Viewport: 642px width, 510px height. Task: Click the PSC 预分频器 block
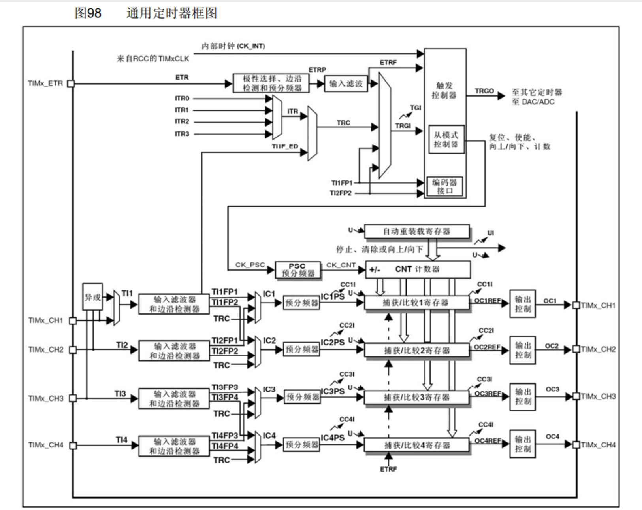tap(297, 269)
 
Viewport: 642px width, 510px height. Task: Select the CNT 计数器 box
tap(418, 269)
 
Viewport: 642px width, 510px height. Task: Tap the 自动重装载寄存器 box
tap(416, 231)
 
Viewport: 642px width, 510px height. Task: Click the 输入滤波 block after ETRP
tap(346, 83)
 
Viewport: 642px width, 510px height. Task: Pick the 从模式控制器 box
tap(446, 139)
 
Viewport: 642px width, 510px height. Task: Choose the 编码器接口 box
tap(444, 186)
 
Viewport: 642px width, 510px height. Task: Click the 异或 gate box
tap(92, 297)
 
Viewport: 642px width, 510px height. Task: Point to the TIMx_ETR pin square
tap(71, 83)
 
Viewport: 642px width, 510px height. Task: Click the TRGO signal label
tap(484, 91)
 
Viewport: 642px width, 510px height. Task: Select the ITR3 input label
tap(182, 134)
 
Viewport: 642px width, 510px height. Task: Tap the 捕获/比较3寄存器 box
tap(416, 397)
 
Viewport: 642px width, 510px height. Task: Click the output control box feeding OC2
tap(522, 350)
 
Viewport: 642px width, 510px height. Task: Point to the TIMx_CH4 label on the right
tap(598, 445)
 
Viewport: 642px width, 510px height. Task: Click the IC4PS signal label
tap(332, 438)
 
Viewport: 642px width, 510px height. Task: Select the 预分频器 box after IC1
tap(301, 303)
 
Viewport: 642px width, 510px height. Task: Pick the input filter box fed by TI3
tap(174, 398)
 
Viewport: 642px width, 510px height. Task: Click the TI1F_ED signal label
tap(284, 146)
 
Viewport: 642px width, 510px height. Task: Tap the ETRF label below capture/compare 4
tap(388, 469)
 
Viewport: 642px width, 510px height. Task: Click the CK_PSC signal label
tap(250, 265)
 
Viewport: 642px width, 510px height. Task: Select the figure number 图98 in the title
tap(88, 13)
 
